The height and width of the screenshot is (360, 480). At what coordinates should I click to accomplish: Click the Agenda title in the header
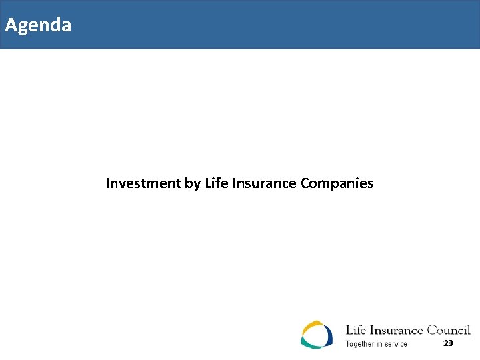[38, 25]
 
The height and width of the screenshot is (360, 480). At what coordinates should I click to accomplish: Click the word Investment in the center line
[143, 183]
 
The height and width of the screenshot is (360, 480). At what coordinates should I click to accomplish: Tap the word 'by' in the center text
[192, 183]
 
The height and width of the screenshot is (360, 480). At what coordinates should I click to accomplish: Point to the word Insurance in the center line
[263, 183]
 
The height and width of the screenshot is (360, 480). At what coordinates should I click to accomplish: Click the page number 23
[448, 343]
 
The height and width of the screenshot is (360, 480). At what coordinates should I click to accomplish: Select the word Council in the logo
[448, 330]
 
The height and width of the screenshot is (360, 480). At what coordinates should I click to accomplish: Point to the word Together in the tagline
[360, 344]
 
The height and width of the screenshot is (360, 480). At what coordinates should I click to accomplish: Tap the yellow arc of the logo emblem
[311, 326]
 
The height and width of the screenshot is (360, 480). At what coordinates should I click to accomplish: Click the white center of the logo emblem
[316, 335]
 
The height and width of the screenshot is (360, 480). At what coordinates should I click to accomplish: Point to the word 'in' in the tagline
[379, 344]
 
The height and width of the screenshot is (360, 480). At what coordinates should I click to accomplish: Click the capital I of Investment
[109, 183]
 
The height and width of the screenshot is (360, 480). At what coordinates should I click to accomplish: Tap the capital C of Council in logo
[432, 330]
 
